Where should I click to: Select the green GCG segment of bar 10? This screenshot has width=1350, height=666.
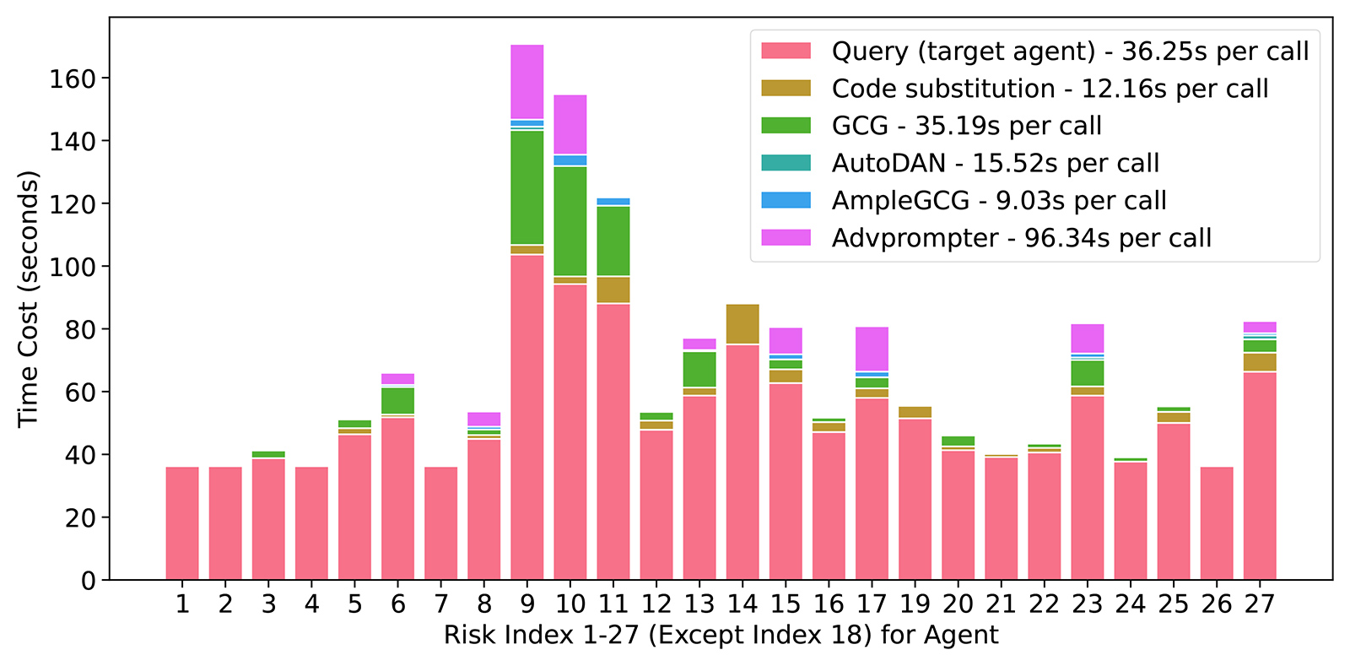click(x=570, y=220)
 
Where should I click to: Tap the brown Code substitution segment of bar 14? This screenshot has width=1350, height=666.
click(x=742, y=324)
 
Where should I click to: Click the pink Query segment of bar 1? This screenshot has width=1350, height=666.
click(x=182, y=523)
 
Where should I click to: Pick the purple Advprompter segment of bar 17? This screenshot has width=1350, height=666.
click(x=872, y=349)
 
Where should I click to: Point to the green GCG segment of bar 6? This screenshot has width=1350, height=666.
click(x=398, y=400)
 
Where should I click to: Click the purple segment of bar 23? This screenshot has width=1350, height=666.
click(x=1088, y=338)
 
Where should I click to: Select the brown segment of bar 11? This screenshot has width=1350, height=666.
click(x=613, y=290)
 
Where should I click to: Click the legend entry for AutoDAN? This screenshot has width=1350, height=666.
click(x=995, y=163)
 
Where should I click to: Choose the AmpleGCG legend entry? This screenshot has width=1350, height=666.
click(x=998, y=200)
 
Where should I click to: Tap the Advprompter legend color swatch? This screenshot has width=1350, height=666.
click(x=786, y=237)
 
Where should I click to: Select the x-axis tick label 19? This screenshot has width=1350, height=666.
click(x=915, y=604)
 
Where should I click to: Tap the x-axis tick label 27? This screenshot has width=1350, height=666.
click(x=1259, y=604)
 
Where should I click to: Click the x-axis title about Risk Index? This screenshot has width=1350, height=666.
click(x=721, y=635)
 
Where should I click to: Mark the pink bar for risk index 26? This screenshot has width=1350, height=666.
click(x=1216, y=523)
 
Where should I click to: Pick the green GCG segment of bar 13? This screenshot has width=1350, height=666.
click(x=699, y=369)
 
